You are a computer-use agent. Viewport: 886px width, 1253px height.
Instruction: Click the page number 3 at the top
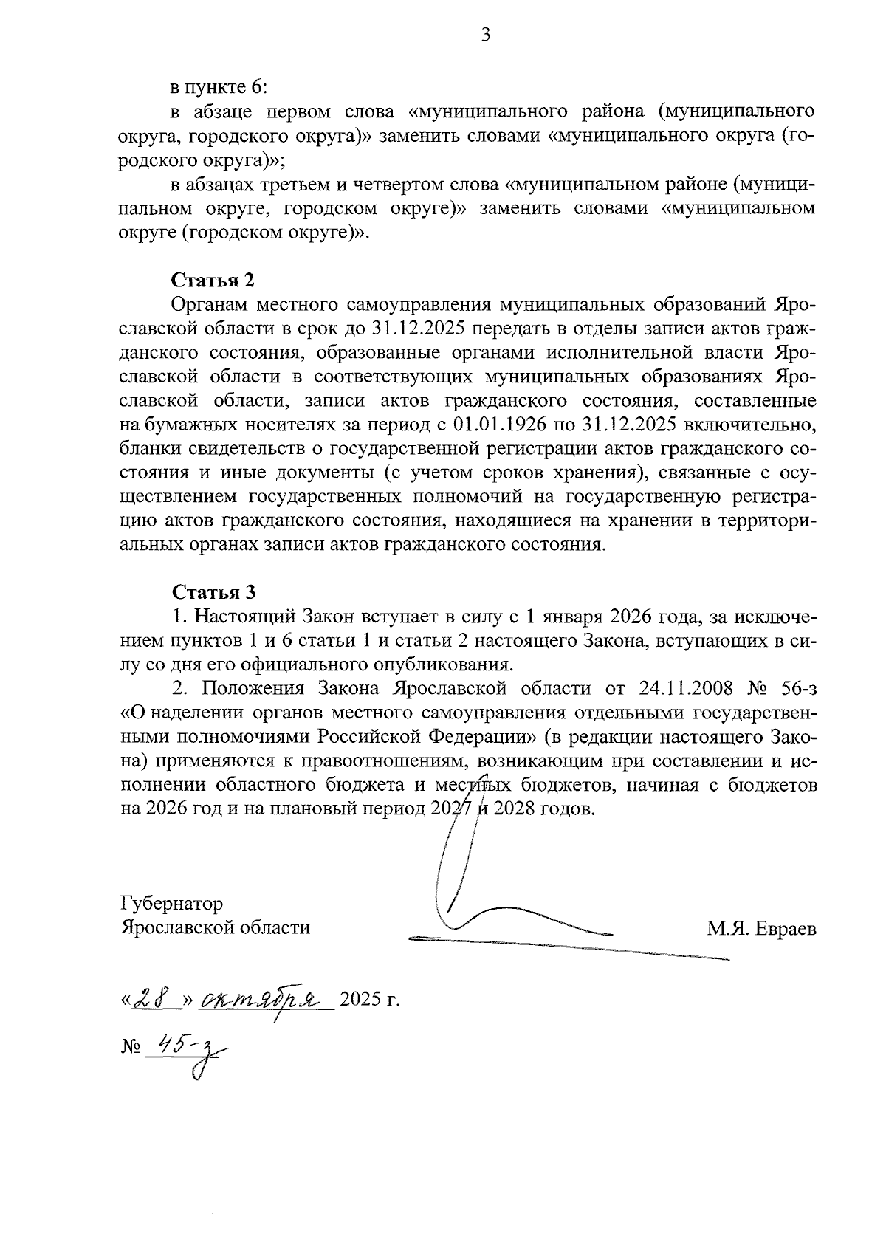(x=485, y=35)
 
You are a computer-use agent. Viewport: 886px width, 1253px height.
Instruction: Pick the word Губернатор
(x=171, y=903)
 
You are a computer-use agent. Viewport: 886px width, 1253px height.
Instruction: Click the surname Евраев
(x=786, y=928)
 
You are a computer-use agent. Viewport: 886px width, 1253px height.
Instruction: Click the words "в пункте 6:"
(x=219, y=87)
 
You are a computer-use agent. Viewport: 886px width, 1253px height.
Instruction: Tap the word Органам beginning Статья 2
(x=207, y=304)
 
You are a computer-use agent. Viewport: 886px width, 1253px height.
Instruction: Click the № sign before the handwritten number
(x=129, y=1047)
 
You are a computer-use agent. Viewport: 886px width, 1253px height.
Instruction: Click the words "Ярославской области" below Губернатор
(x=215, y=927)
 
